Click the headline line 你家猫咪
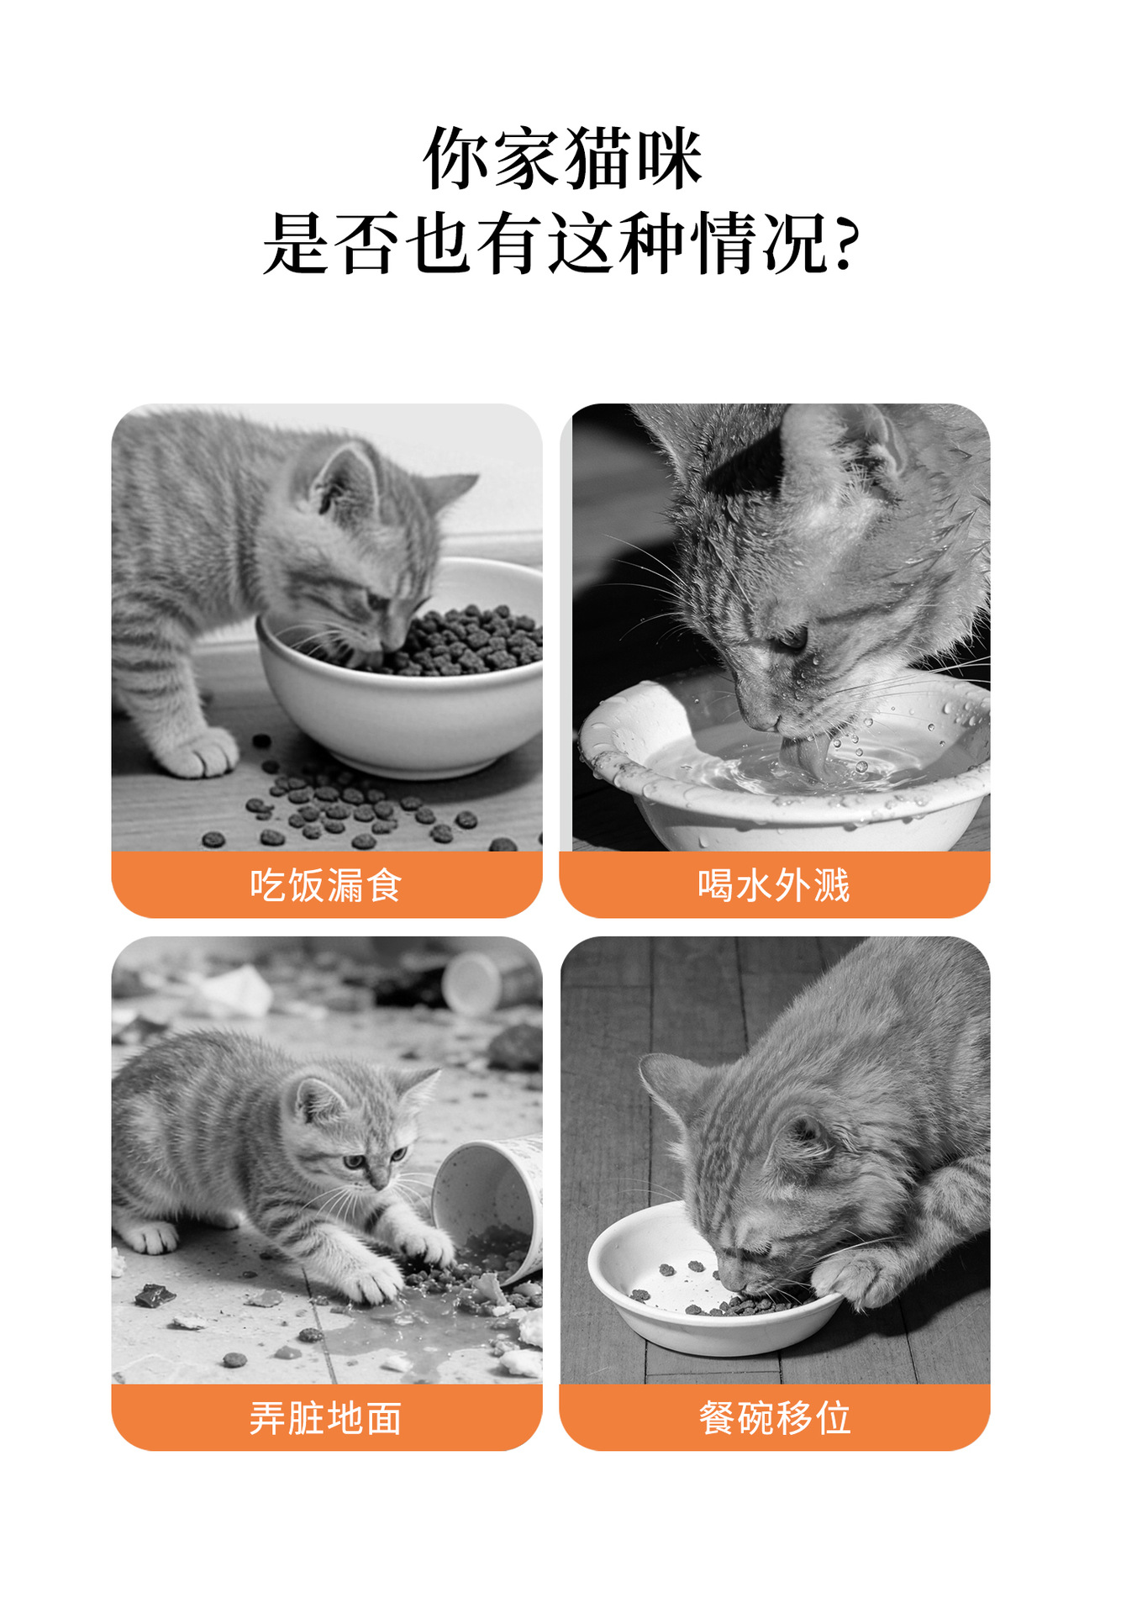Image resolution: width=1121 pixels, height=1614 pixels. click(x=562, y=158)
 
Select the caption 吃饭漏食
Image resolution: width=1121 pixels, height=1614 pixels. click(x=326, y=885)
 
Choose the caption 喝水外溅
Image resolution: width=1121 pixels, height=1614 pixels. click(x=774, y=885)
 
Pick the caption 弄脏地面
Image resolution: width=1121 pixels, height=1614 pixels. click(x=326, y=1418)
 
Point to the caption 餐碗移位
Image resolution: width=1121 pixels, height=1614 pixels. click(x=775, y=1418)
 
